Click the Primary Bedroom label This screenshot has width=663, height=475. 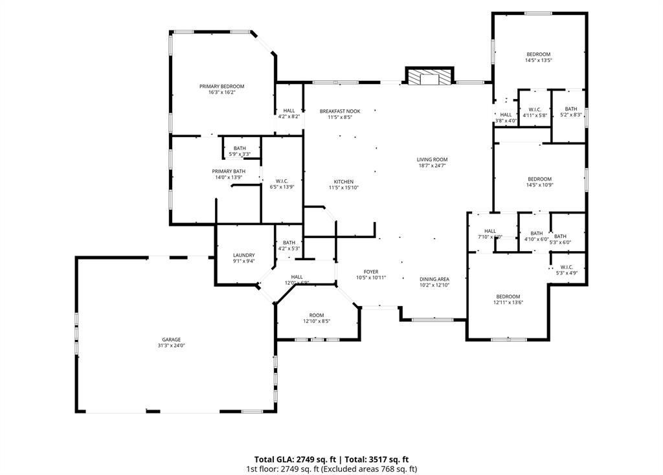click(221, 87)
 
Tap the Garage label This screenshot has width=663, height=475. click(171, 340)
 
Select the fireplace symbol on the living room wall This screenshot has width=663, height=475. click(428, 77)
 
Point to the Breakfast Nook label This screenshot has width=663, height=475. click(340, 111)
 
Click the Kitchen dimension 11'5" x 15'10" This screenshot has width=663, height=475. click(343, 188)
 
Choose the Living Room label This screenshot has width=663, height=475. click(432, 159)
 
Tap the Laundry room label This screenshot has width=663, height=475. click(243, 256)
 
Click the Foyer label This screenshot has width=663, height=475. click(370, 272)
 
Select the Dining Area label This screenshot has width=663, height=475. click(434, 279)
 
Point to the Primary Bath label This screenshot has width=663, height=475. click(229, 171)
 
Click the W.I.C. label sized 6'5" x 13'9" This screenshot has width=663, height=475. click(282, 181)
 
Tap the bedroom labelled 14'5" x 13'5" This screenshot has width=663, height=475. click(538, 54)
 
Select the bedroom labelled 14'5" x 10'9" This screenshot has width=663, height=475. click(539, 179)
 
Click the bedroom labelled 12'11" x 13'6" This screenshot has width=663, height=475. click(508, 296)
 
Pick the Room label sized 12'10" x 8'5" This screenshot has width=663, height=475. click(317, 315)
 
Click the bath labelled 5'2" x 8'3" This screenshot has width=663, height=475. click(570, 109)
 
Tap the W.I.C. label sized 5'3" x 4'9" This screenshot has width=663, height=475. click(566, 267)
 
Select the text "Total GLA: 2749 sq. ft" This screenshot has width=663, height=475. click(292, 459)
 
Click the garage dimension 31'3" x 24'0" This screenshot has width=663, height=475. click(171, 346)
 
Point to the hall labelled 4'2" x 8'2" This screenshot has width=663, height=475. click(289, 111)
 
